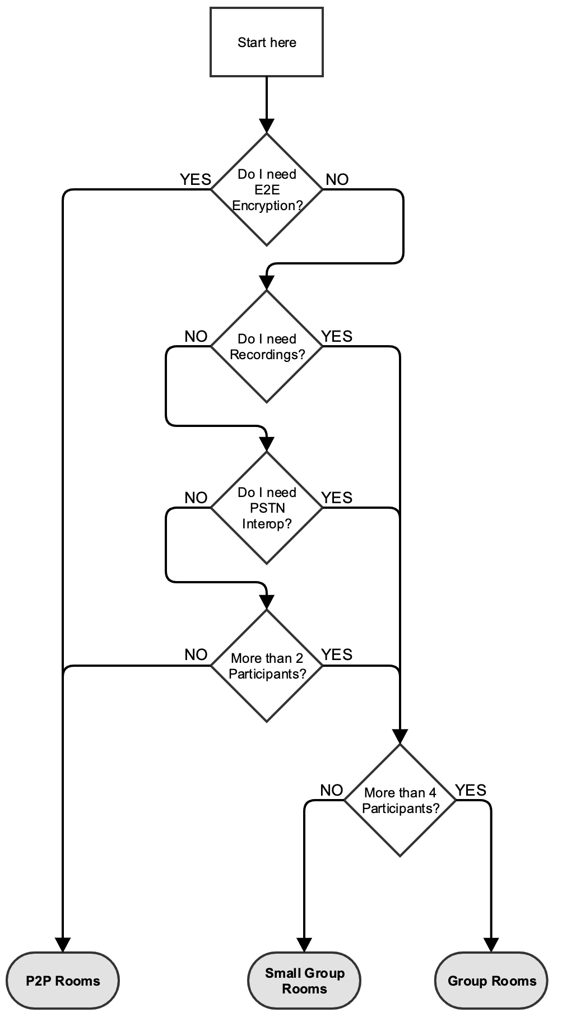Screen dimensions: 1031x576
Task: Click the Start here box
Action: [267, 42]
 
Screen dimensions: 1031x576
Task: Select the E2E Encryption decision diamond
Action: [267, 189]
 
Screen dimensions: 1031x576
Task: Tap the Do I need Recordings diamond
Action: [267, 347]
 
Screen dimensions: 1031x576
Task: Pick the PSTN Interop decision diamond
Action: [267, 508]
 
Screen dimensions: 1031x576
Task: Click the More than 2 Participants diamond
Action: [267, 666]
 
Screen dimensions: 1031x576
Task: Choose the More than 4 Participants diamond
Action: [400, 800]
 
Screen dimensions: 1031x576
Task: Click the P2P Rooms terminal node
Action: [63, 981]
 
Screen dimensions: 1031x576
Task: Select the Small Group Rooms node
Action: [304, 981]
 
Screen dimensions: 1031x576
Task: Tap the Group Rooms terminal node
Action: [491, 981]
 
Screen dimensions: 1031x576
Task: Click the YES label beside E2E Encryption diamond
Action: [195, 179]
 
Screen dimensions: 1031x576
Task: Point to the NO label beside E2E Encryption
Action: [337, 179]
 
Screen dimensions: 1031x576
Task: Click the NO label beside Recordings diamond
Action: [196, 337]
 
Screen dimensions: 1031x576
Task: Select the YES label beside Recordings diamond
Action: [337, 336]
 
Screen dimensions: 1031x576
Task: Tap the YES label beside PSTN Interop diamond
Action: [337, 498]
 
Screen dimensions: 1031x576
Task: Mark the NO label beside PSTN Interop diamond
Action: [196, 498]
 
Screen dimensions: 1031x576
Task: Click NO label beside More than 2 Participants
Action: [196, 654]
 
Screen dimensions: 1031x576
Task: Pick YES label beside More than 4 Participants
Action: [471, 790]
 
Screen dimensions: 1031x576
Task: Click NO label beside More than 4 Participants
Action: [332, 790]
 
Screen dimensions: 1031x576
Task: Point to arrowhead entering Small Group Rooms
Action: [304, 945]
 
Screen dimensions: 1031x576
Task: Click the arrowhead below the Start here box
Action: [267, 126]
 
